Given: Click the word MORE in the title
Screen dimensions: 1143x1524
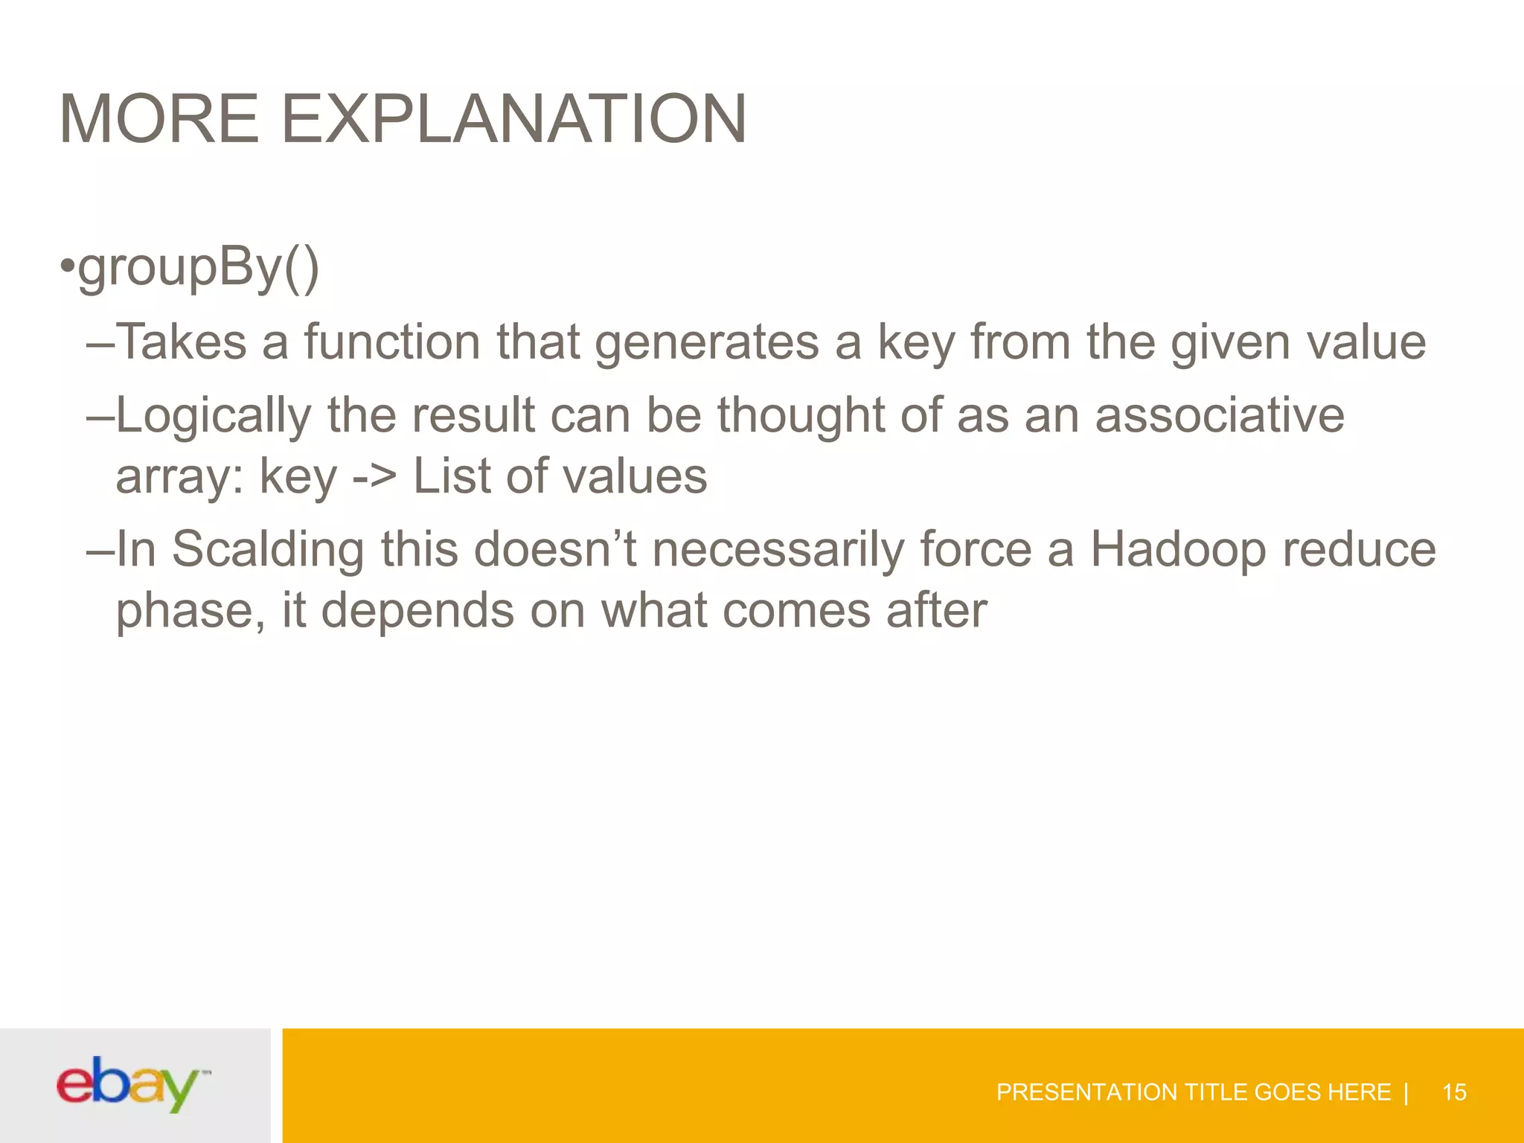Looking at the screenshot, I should click(159, 119).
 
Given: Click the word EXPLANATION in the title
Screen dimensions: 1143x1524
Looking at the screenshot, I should click(513, 119).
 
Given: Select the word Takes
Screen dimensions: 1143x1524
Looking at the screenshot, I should click(181, 342).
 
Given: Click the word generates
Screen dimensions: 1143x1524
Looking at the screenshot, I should click(707, 342).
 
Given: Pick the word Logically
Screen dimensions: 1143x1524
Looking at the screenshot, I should click(213, 415).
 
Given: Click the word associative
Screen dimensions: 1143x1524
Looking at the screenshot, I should click(1220, 415).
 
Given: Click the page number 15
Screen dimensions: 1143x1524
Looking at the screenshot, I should click(1453, 1092).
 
